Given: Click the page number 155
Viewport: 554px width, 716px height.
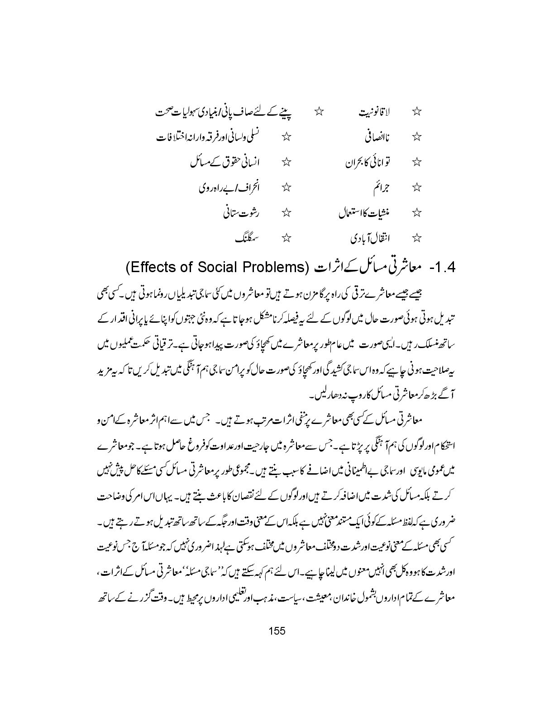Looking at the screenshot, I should click(277, 631).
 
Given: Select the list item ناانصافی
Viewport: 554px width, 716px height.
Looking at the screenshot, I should click(377, 137).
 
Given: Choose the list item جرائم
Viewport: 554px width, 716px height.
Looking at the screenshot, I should click(382, 187).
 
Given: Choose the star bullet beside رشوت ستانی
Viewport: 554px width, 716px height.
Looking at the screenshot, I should click(286, 212).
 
